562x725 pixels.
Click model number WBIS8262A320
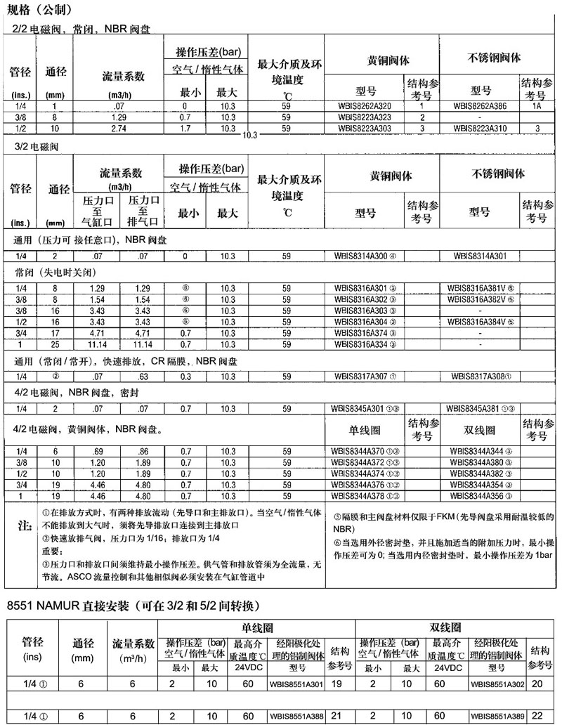(x=365, y=105)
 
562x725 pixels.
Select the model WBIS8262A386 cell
(x=482, y=105)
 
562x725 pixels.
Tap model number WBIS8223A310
(x=482, y=129)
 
